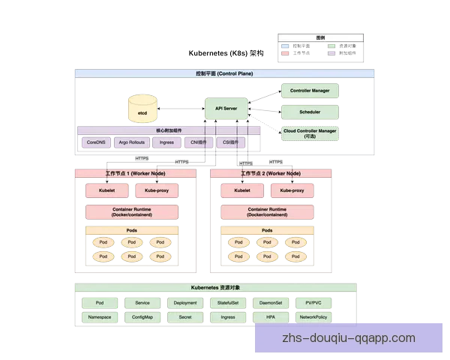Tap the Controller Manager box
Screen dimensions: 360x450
(309, 90)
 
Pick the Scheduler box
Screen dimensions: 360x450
(309, 112)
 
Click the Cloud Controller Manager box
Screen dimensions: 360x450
(309, 133)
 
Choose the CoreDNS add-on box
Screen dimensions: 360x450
(96, 142)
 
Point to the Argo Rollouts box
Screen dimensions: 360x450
(132, 142)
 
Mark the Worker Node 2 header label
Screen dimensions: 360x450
(271, 173)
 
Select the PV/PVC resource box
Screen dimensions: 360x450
(313, 303)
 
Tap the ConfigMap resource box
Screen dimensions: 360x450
(142, 317)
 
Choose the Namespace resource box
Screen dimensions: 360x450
(100, 317)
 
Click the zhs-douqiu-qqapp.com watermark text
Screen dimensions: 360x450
(348, 338)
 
